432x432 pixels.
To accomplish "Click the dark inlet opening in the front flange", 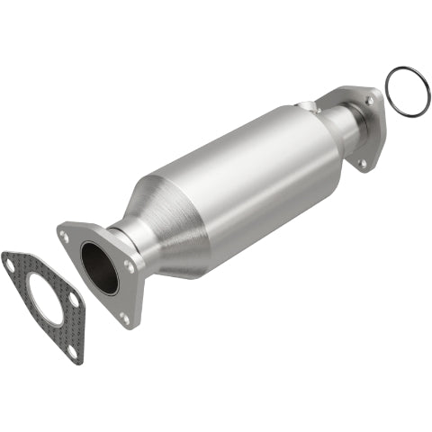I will pyautogui.click(x=99, y=267).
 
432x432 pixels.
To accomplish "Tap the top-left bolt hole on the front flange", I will pyautogui.click(x=65, y=236).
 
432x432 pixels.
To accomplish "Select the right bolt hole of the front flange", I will pyautogui.click(x=130, y=266).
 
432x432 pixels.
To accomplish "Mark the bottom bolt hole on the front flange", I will pyautogui.click(x=124, y=317).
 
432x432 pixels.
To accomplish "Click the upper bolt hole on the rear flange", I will pyautogui.click(x=369, y=102).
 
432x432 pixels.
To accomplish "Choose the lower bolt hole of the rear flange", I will pyautogui.click(x=362, y=163).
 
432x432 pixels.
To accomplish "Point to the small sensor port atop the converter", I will pyautogui.click(x=311, y=107).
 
